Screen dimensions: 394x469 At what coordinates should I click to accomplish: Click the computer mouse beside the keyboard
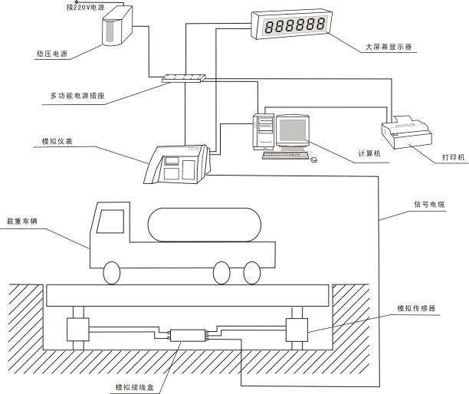(313, 159)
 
